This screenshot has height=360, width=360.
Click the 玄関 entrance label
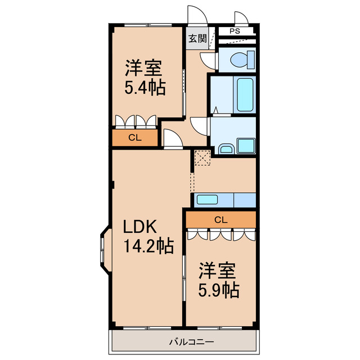197,39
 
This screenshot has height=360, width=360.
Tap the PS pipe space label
235,31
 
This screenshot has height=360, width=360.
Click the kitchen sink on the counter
208,199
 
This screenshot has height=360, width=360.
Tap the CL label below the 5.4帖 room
134,137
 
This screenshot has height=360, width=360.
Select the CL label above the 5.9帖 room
221,219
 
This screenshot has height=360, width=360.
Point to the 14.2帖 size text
148,246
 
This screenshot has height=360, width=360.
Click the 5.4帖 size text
145,88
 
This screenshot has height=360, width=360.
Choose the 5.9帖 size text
218,290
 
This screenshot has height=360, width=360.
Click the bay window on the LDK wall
105,247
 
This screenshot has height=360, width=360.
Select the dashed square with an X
201,157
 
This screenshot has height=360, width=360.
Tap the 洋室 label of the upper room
144,69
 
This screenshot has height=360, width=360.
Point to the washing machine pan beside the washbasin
246,145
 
